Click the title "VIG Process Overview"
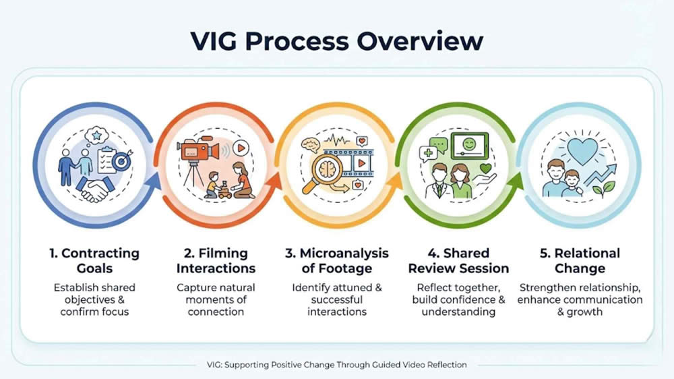click(337, 40)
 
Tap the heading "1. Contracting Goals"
click(94, 261)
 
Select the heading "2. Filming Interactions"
click(216, 261)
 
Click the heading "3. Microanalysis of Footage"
click(337, 261)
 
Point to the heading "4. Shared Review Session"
click(458, 261)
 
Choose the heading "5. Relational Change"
click(580, 261)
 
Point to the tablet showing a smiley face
click(470, 144)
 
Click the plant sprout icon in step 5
click(601, 190)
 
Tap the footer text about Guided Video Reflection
click(337, 365)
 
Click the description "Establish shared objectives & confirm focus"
click(94, 299)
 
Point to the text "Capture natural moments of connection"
click(216, 299)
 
